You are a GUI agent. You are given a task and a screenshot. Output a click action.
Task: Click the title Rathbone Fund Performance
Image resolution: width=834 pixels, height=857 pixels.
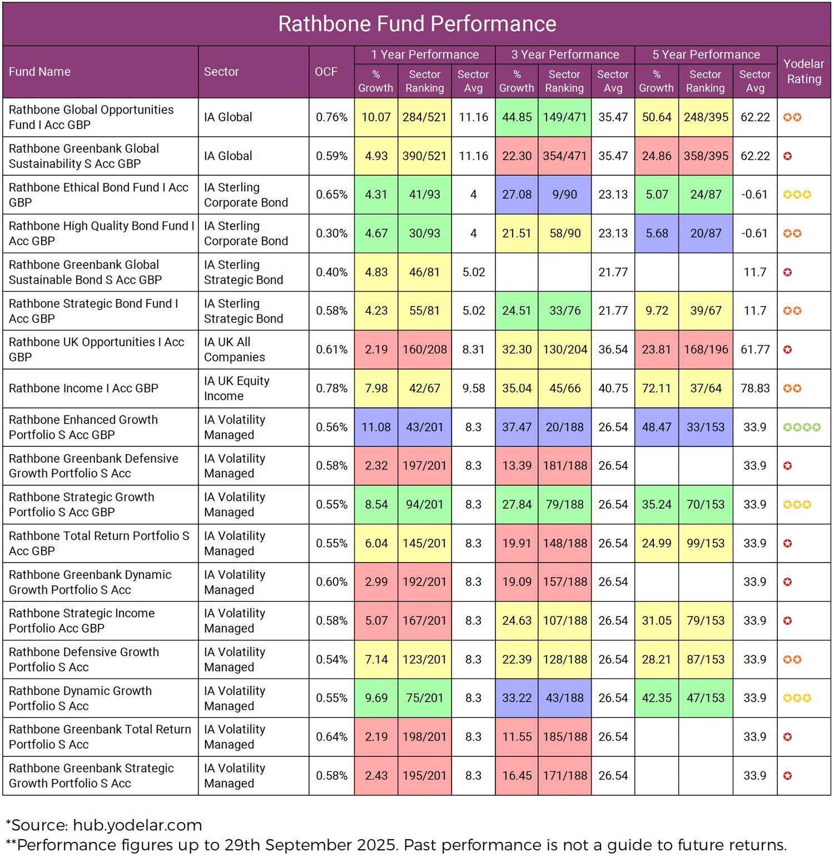[417, 24]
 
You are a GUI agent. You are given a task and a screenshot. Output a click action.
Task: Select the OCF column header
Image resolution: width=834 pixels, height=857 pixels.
[326, 72]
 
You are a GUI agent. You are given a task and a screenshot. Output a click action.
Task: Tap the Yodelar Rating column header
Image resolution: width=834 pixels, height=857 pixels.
[803, 72]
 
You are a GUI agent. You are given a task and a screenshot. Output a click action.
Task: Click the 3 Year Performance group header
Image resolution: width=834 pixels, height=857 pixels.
[565, 55]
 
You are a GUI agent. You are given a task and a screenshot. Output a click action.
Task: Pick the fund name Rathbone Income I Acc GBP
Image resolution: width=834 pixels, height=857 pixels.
[83, 388]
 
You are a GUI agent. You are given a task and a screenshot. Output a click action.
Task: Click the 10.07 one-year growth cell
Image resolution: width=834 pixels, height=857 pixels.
[376, 117]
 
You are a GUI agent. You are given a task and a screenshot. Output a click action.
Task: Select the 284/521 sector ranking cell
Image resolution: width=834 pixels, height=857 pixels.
[424, 117]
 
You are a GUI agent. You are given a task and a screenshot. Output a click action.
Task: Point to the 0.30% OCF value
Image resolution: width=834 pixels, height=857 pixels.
[331, 234]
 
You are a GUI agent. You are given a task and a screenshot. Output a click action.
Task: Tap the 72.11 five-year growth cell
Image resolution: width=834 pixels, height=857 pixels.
[657, 388]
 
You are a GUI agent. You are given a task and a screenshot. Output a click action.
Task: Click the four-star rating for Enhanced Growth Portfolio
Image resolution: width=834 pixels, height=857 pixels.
[801, 427]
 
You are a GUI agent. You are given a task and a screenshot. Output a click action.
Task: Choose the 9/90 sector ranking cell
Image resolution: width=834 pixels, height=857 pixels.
[564, 195]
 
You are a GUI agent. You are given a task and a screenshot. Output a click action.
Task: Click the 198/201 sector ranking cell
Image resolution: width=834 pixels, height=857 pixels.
[424, 737]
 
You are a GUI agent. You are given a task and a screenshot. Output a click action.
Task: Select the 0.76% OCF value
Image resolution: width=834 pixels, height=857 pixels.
[331, 117]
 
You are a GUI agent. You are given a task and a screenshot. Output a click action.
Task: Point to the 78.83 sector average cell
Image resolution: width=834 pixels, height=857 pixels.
[755, 388]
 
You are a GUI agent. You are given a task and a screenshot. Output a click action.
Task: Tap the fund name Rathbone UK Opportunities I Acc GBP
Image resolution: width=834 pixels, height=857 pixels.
[96, 349]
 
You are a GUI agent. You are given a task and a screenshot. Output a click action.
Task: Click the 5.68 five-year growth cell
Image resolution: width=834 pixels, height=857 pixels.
[657, 234]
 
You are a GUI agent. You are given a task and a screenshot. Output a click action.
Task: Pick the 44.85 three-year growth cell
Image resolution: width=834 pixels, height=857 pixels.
[517, 117]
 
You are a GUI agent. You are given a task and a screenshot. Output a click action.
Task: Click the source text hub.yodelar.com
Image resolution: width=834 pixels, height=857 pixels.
[137, 825]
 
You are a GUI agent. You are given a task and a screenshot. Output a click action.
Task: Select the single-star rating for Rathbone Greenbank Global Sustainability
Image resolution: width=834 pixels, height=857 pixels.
[787, 156]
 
